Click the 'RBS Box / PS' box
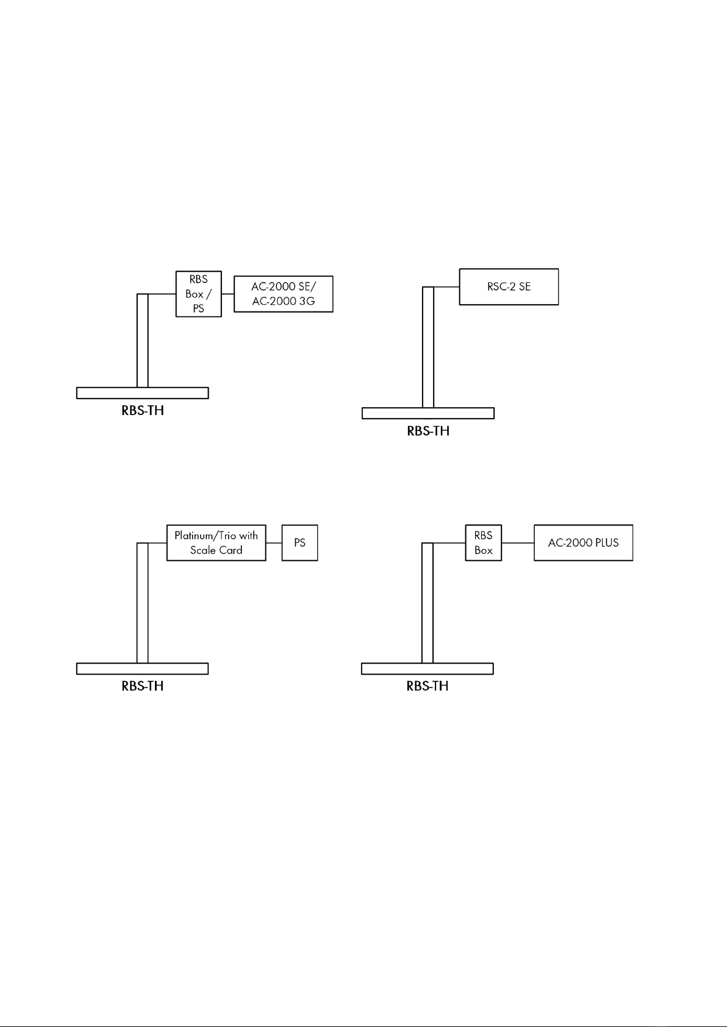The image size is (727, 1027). pyautogui.click(x=198, y=294)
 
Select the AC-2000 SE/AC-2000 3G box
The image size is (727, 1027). pyautogui.click(x=284, y=294)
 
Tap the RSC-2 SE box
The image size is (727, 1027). pyautogui.click(x=509, y=286)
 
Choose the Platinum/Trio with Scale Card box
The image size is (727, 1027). pyautogui.click(x=216, y=542)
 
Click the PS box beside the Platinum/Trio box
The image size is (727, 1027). pyautogui.click(x=299, y=542)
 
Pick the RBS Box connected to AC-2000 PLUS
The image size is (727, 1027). pyautogui.click(x=483, y=542)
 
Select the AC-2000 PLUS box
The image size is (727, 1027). pyautogui.click(x=583, y=542)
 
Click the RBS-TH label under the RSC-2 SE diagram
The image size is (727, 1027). pyautogui.click(x=428, y=431)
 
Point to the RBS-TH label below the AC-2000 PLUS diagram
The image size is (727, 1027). pyautogui.click(x=428, y=686)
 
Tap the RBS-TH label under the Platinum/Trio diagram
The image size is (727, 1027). pyautogui.click(x=143, y=686)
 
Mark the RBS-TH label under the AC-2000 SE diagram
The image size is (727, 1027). pyautogui.click(x=143, y=410)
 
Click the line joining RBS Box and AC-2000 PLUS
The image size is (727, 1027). pyautogui.click(x=518, y=542)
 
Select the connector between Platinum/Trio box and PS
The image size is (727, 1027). pyautogui.click(x=274, y=542)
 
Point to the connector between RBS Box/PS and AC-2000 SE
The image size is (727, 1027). pyautogui.click(x=227, y=294)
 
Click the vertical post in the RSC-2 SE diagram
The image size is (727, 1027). pyautogui.click(x=428, y=347)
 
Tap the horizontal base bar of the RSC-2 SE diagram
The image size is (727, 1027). pyautogui.click(x=428, y=413)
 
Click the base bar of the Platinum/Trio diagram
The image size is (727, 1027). pyautogui.click(x=143, y=669)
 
